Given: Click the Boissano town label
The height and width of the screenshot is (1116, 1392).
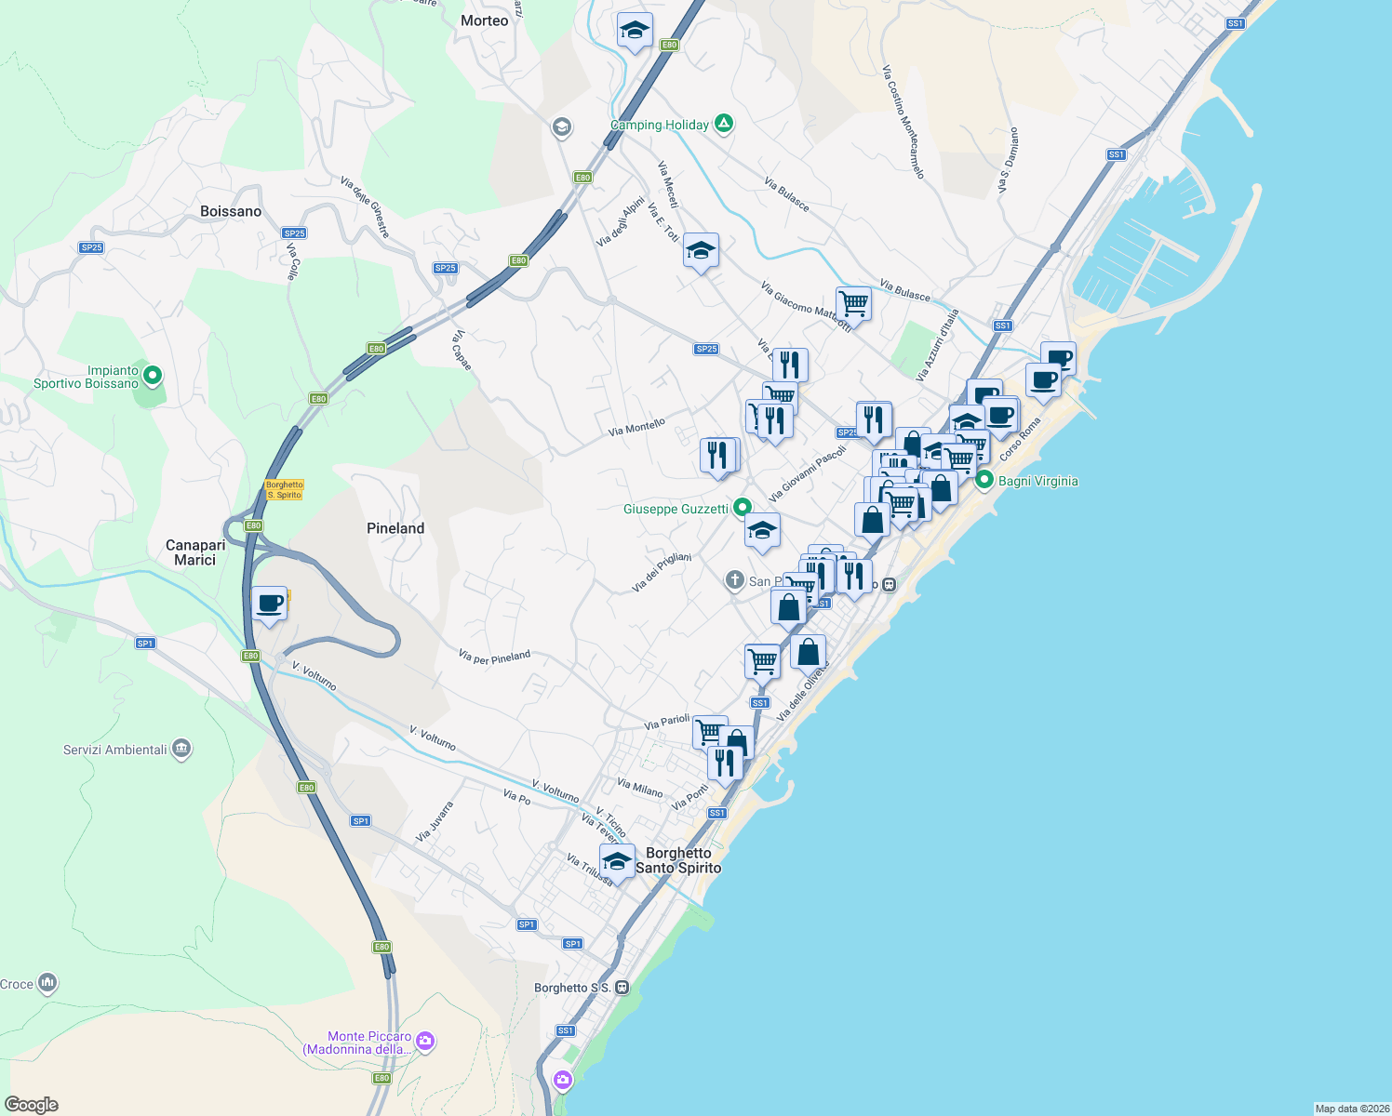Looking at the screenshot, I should (x=231, y=211).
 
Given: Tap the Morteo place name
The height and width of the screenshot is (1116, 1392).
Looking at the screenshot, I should (x=484, y=20).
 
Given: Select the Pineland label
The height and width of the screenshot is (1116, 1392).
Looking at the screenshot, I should (x=395, y=528).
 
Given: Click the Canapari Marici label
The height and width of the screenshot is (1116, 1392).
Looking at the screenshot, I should (x=195, y=552).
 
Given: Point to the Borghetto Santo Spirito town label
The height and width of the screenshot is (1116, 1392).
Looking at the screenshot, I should (x=678, y=860).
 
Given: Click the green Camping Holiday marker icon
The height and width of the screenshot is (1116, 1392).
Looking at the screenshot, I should (x=724, y=124).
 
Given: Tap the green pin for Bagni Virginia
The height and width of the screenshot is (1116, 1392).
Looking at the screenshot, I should (x=984, y=480).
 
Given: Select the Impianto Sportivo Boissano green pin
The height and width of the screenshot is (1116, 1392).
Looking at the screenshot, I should (x=153, y=376).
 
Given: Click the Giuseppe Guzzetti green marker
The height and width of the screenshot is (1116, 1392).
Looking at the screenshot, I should (x=742, y=508).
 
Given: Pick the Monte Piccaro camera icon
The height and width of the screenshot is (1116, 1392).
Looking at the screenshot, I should (x=425, y=1041).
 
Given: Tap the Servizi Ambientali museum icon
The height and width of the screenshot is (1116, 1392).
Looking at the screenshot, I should (x=181, y=749).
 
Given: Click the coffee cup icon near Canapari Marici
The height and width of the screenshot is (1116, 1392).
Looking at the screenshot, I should (x=269, y=604).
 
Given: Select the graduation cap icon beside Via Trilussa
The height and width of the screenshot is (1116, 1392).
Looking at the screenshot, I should (x=617, y=860).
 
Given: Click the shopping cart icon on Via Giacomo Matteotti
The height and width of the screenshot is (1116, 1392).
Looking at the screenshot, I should (x=853, y=302).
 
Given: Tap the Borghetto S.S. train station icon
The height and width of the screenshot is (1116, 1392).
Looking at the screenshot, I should (x=622, y=987).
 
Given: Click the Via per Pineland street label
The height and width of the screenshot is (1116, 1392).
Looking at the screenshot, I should (x=494, y=657).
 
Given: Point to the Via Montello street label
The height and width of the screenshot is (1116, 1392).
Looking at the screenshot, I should (x=636, y=428).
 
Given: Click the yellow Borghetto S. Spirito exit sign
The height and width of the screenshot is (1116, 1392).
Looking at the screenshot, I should (x=284, y=489).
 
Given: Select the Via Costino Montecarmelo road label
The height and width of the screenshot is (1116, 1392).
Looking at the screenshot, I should (x=903, y=121).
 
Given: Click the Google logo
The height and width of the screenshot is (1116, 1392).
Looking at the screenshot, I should (x=32, y=1104).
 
